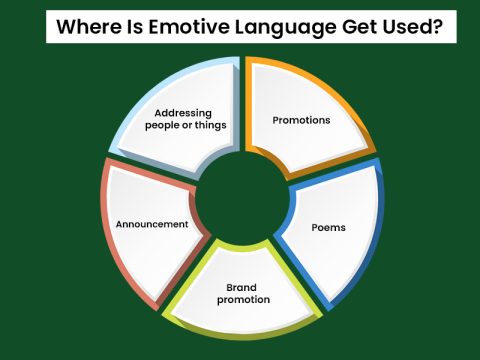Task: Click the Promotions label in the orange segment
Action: pyautogui.click(x=301, y=120)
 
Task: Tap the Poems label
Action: pyautogui.click(x=329, y=227)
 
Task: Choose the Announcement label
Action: pyautogui.click(x=151, y=224)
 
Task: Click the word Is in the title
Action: pyautogui.click(x=128, y=27)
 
